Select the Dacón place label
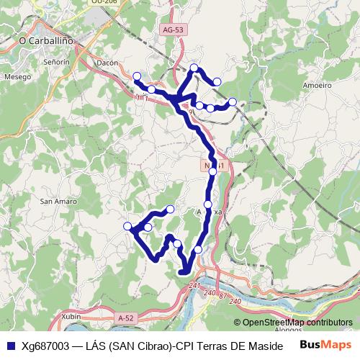[x=107, y=63]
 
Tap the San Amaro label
[x=58, y=202]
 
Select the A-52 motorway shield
[x=126, y=317]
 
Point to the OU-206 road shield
[x=104, y=3]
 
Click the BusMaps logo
[x=326, y=344]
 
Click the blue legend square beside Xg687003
[x=10, y=344]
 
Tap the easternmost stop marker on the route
[x=233, y=102]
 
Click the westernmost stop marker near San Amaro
[x=128, y=226]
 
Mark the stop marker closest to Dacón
[x=137, y=76]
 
